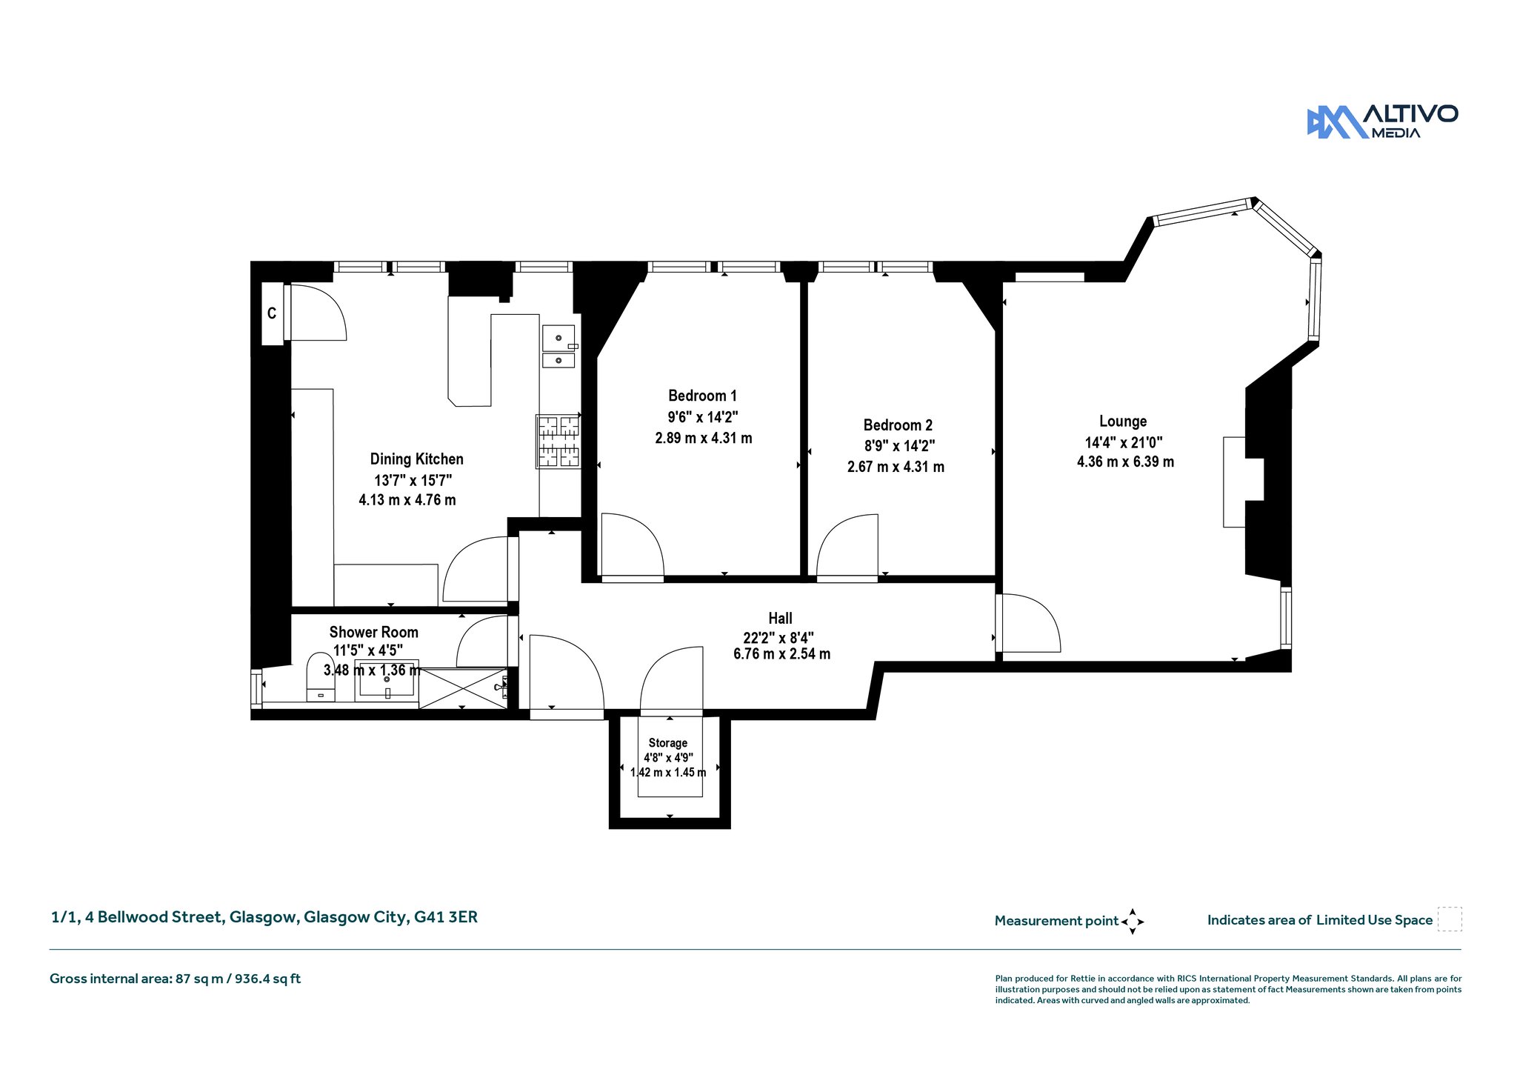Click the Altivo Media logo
tap(1382, 121)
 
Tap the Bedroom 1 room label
tap(702, 396)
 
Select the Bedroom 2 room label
tap(898, 425)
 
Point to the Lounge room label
tap(1123, 422)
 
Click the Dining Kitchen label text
tap(417, 459)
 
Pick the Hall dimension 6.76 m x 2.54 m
tap(781, 654)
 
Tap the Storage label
tap(668, 743)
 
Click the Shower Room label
tap(373, 632)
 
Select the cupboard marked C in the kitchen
tap(272, 313)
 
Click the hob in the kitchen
tap(559, 441)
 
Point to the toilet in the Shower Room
tap(321, 676)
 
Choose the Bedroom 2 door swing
tap(847, 545)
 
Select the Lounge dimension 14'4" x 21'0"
tap(1124, 442)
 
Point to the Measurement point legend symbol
tap(1133, 922)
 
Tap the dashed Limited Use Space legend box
tap(1450, 919)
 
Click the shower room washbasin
tap(387, 680)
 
